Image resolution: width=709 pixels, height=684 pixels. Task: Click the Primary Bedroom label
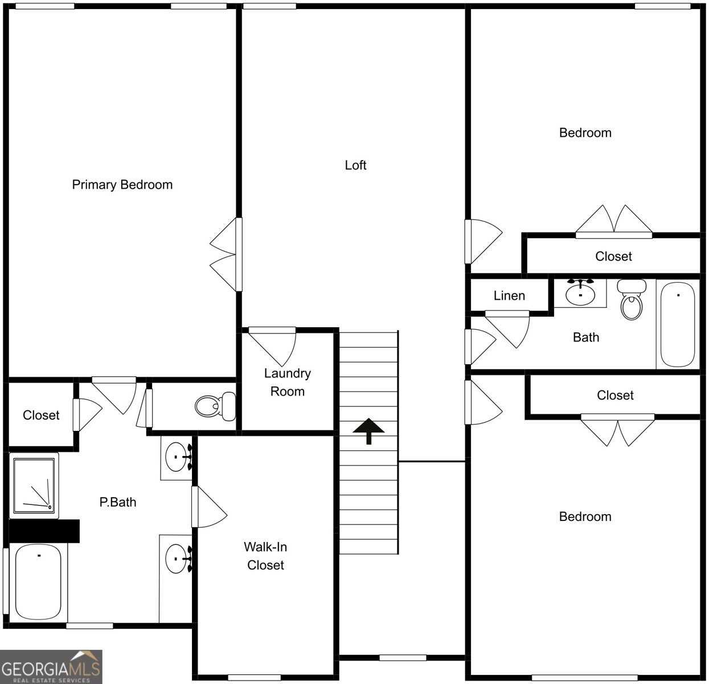(122, 185)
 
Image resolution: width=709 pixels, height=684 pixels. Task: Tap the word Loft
(355, 165)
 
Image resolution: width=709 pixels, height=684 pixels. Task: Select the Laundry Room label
(287, 382)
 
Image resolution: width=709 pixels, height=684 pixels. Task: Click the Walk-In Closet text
(265, 556)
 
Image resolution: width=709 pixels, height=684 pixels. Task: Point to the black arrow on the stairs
(368, 430)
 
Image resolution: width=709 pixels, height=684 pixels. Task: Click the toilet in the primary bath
(215, 405)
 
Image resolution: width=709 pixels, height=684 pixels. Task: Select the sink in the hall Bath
(580, 293)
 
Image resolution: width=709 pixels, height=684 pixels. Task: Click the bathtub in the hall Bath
(678, 324)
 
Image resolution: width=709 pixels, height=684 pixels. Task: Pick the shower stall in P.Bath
(34, 486)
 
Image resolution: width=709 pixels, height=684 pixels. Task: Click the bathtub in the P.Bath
(38, 582)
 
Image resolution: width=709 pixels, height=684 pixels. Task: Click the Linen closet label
(509, 296)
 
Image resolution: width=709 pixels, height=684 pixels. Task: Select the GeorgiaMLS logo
(51, 666)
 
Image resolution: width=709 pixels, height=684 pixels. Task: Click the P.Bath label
(118, 502)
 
